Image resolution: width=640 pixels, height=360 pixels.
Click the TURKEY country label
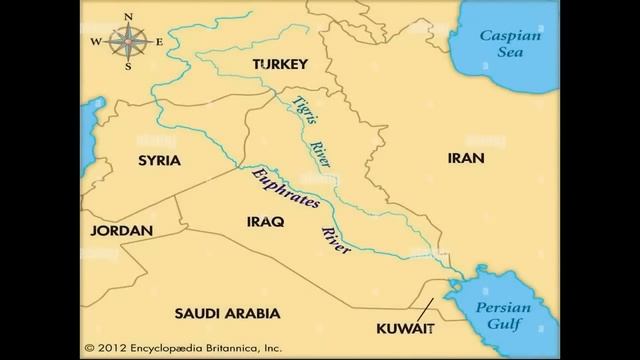coord(279,64)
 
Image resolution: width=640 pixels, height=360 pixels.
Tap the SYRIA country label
coord(159,160)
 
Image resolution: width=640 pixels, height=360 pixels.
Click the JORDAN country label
coord(121,231)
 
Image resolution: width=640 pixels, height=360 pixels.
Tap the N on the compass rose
coord(128,17)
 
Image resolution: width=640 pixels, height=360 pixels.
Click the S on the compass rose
coord(128,67)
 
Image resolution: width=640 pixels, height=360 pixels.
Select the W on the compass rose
coord(96,42)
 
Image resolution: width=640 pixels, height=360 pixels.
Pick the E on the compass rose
coord(158,42)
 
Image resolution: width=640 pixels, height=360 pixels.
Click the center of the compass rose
coord(128,42)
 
